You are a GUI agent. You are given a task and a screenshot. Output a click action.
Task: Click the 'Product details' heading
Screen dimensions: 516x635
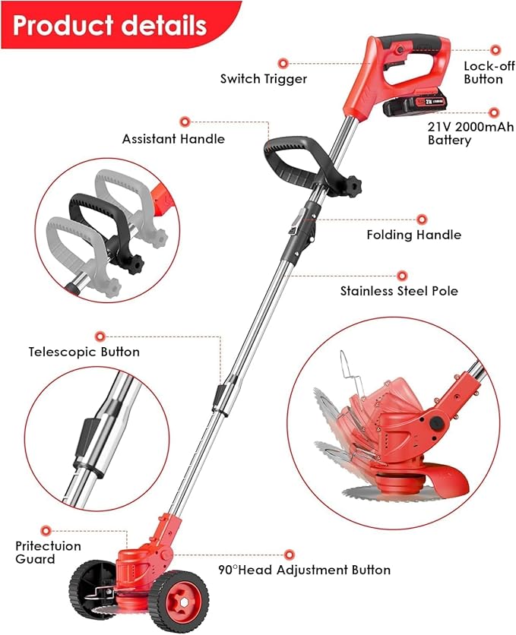pos(109,25)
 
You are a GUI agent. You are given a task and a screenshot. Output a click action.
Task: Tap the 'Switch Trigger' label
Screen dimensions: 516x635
pos(264,78)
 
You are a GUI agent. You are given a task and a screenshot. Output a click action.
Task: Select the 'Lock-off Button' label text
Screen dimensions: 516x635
pos(489,72)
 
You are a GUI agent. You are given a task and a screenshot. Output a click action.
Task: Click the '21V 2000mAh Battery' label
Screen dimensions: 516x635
pos(470,133)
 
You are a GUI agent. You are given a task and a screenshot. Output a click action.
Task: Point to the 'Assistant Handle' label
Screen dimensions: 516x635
pos(173,139)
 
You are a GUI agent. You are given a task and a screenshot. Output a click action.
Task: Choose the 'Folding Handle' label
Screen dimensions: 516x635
pos(414,235)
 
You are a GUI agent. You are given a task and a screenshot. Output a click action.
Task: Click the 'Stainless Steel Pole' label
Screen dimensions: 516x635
pos(399,291)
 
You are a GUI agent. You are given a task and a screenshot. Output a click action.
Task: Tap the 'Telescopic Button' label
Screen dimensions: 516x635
pos(84,352)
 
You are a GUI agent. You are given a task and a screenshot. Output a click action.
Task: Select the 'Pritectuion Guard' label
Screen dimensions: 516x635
pos(48,552)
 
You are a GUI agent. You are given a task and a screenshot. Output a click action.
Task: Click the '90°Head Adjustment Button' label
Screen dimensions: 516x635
pos(305,570)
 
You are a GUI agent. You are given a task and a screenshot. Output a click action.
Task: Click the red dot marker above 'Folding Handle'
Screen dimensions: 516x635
pos(422,220)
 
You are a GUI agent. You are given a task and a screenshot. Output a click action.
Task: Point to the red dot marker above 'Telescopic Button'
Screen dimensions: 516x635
pos(100,336)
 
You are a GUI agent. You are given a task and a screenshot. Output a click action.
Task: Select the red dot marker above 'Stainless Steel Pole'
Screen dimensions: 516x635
pos(402,276)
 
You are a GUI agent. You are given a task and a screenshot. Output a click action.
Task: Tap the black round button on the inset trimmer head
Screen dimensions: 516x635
pos(435,424)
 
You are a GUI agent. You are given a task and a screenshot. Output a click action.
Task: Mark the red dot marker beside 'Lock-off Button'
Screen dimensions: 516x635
pos(495,50)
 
